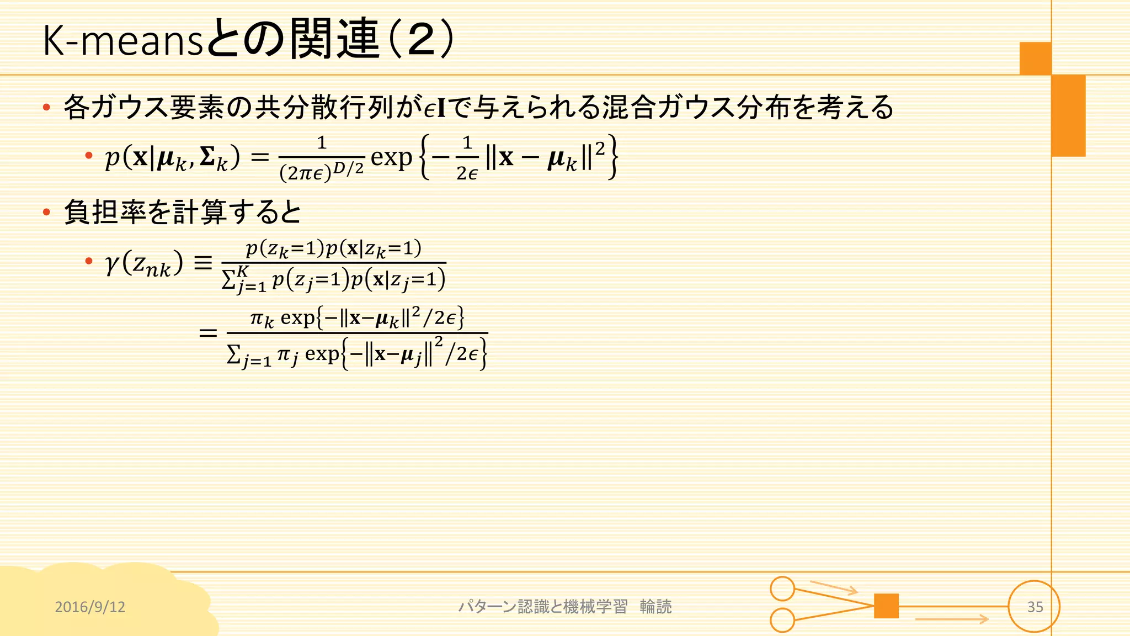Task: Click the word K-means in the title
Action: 123,41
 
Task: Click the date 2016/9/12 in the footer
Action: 90,607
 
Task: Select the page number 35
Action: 1035,607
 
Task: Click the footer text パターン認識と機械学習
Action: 543,607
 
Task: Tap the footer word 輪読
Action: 655,607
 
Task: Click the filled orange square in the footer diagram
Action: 886,606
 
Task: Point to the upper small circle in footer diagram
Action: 782,589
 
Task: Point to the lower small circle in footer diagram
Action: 782,620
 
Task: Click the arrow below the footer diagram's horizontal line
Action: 951,619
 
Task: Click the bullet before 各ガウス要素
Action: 47,107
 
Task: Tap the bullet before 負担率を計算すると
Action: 47,212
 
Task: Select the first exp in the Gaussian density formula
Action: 391,157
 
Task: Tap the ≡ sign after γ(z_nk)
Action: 203,263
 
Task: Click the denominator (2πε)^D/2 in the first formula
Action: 322,172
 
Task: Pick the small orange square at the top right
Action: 1035,58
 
